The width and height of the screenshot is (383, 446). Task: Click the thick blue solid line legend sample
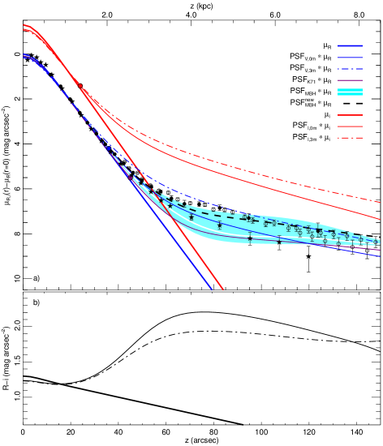coord(350,46)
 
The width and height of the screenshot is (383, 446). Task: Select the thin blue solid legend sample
coord(350,58)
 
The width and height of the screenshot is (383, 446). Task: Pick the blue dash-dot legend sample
coord(350,69)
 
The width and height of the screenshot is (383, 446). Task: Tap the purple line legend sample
coord(350,80)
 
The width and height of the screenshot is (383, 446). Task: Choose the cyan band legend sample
coord(350,92)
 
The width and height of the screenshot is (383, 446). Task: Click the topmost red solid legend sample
coord(350,115)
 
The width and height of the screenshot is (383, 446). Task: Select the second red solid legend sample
coord(350,127)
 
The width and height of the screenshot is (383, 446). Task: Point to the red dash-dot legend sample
coord(350,138)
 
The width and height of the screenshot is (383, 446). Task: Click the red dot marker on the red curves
coord(80,85)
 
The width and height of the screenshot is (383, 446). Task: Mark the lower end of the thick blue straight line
coord(212,289)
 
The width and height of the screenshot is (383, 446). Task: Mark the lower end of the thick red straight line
coord(222,289)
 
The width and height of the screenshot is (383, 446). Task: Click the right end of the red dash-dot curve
coord(381,202)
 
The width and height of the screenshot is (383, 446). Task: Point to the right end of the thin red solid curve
coord(381,220)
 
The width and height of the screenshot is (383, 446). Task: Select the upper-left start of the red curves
coord(24,27)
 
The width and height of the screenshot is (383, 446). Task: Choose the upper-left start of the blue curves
coord(24,56)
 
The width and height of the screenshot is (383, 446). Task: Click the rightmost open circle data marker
coord(376,242)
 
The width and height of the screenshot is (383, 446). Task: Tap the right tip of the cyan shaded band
coord(380,242)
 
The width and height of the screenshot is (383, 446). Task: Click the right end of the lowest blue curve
coord(381,256)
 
